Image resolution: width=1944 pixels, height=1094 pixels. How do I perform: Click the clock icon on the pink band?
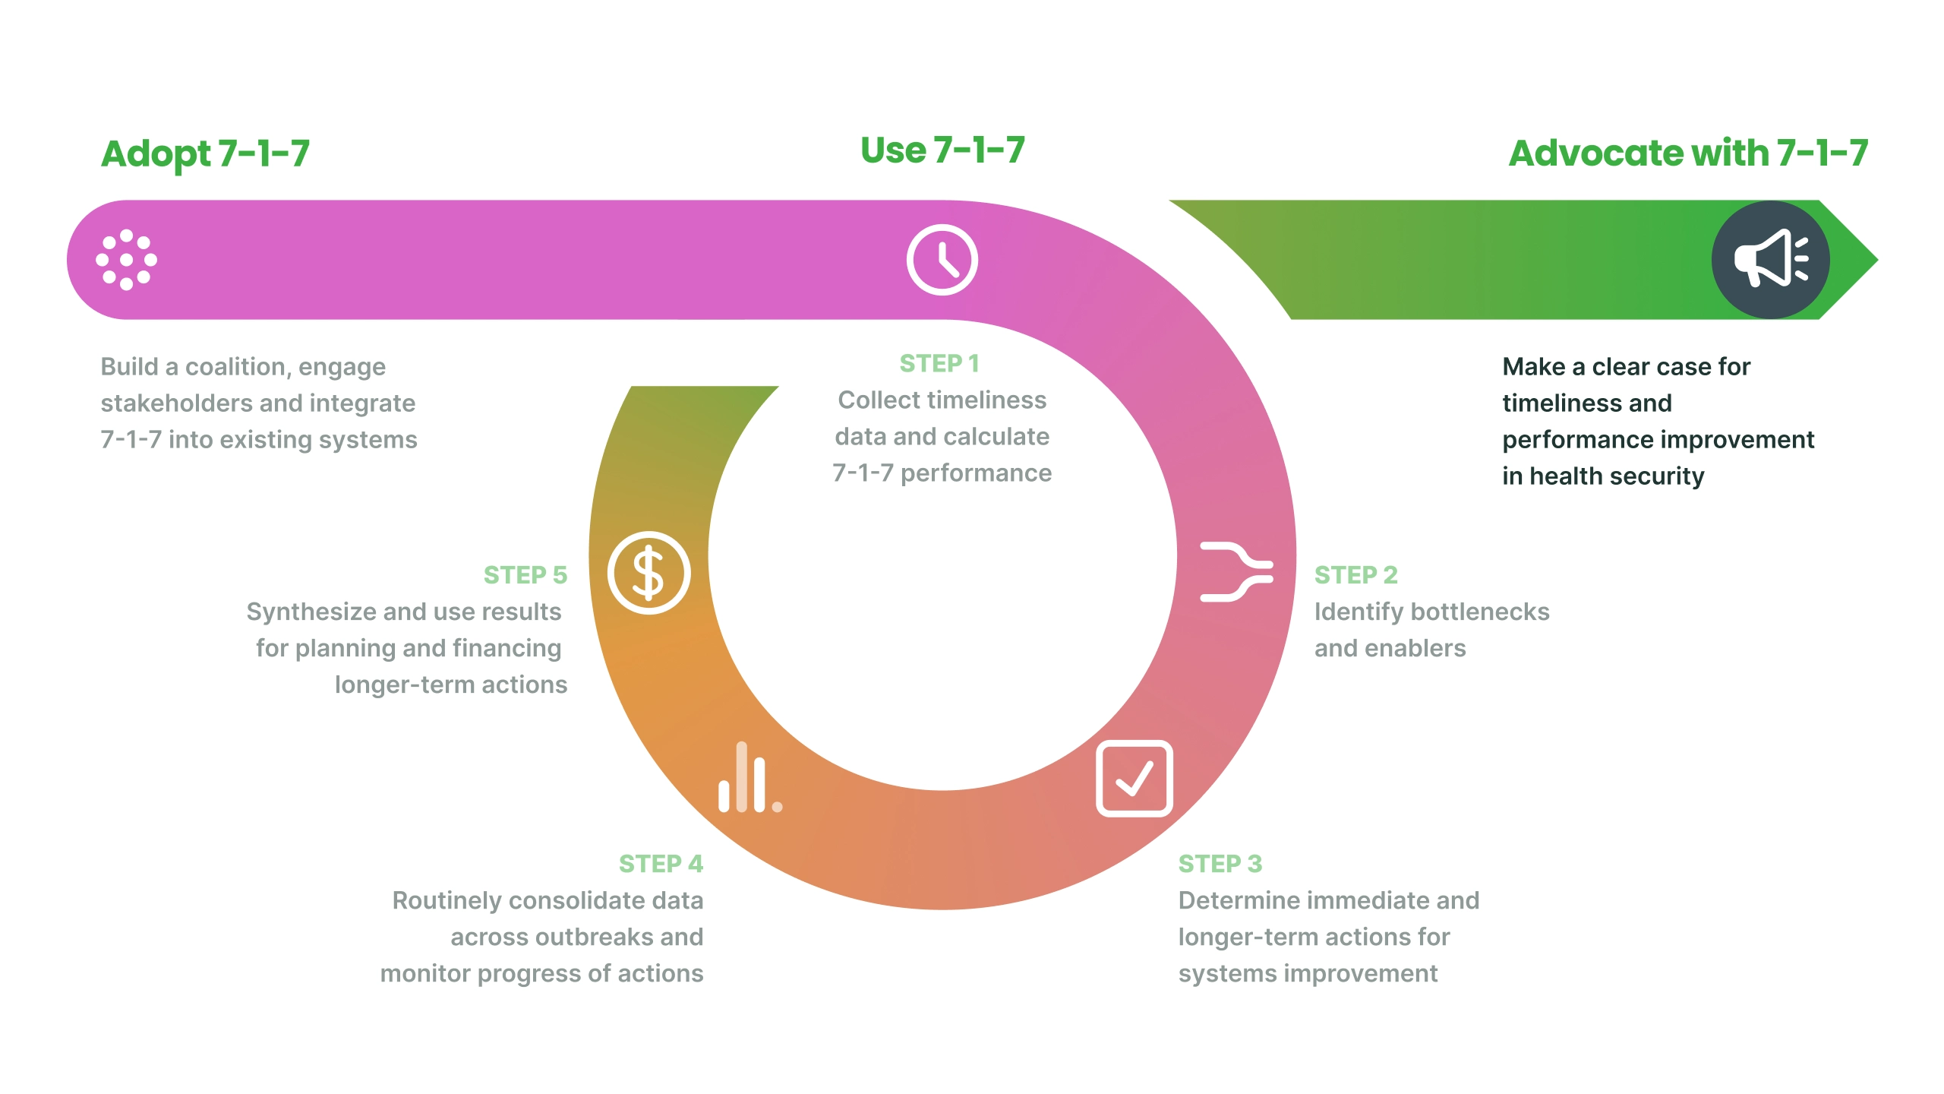(x=942, y=260)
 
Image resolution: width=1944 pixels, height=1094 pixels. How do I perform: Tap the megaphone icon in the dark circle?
(x=1770, y=260)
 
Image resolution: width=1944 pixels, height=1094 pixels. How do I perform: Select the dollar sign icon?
(x=649, y=573)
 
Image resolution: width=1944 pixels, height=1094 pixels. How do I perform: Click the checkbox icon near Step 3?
(x=1134, y=779)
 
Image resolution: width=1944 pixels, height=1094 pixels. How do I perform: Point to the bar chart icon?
(x=750, y=778)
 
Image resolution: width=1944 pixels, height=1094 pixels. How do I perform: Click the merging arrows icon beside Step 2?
(x=1236, y=572)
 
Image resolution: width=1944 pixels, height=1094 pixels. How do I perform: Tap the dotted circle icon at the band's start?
(x=127, y=260)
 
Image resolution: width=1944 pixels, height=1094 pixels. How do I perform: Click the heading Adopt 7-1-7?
(x=205, y=153)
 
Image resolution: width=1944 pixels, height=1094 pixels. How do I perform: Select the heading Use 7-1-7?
(x=942, y=150)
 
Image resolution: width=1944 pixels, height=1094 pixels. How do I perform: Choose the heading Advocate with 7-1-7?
(x=1687, y=153)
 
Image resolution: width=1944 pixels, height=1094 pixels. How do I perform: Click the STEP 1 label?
(x=939, y=364)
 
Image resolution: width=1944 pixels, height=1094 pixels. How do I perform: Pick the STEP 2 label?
(x=1355, y=575)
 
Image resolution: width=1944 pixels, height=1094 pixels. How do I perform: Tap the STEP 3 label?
(x=1220, y=864)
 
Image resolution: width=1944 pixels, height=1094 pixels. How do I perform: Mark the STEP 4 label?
(x=661, y=864)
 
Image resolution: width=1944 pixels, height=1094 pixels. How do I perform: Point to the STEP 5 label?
(x=525, y=575)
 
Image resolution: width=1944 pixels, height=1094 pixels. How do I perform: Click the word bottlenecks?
(x=1479, y=612)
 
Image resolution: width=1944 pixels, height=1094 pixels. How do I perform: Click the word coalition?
(x=235, y=367)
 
